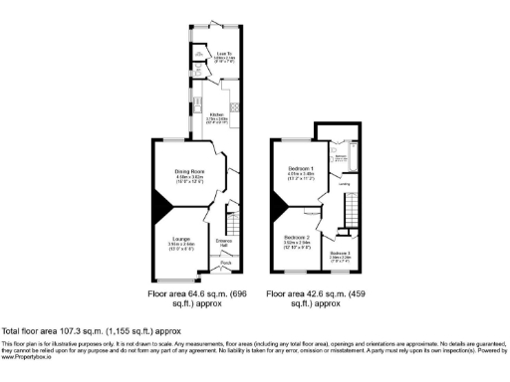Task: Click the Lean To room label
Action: coord(224,54)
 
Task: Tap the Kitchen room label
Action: coord(217,114)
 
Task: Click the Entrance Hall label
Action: coord(224,242)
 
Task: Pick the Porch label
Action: coord(225,263)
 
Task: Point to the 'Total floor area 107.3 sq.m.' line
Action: coord(91,330)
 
